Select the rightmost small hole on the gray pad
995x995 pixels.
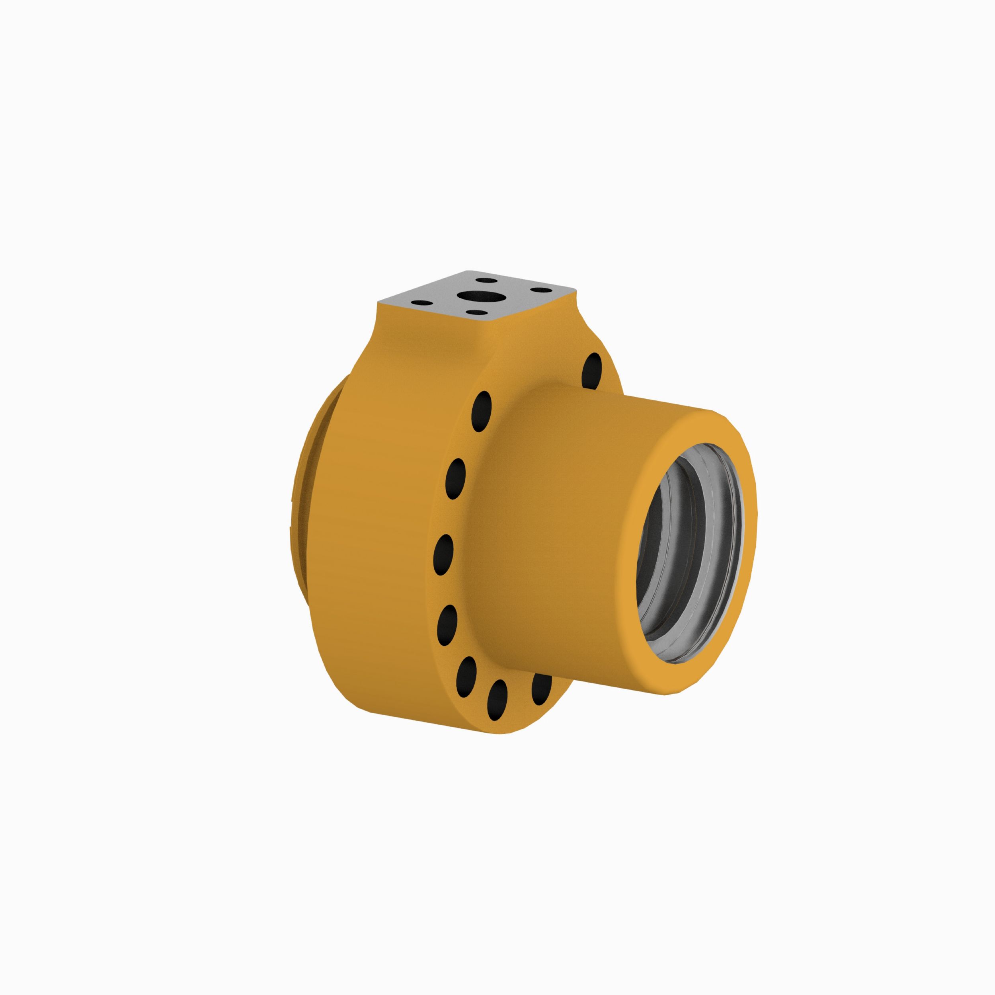pyautogui.click(x=539, y=290)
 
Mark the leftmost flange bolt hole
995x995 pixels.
pyautogui.click(x=443, y=554)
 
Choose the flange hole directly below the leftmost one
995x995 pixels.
pyautogui.click(x=447, y=625)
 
